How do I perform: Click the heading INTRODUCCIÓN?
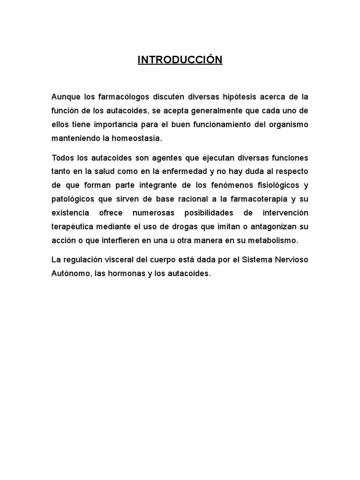point(180,60)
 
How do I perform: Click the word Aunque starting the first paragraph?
point(66,97)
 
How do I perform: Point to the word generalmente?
point(214,111)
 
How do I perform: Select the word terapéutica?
point(72,227)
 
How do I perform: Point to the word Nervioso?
point(292,260)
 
